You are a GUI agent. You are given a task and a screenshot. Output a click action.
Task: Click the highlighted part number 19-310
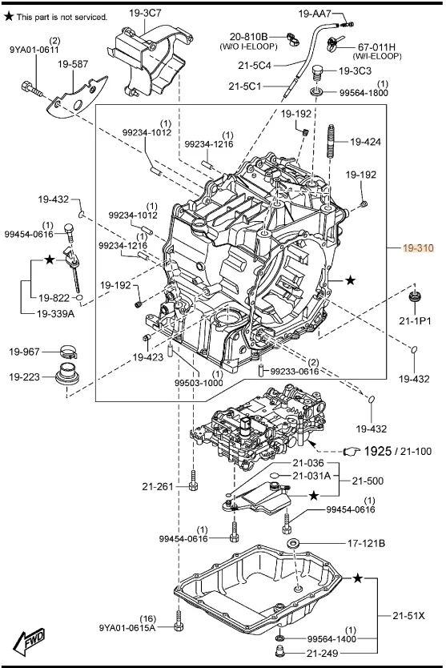pyautogui.click(x=418, y=248)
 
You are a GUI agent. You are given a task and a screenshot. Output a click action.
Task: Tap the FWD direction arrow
pyautogui.click(x=30, y=641)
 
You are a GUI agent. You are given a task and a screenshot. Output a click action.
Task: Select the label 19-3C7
pyautogui.click(x=145, y=13)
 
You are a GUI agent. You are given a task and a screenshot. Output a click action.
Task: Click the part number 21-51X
pyautogui.click(x=408, y=616)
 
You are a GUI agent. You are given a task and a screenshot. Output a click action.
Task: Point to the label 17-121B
pyautogui.click(x=367, y=543)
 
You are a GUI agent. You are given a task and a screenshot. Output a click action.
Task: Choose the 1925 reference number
pyautogui.click(x=377, y=451)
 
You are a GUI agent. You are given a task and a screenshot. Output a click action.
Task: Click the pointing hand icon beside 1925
pyautogui.click(x=352, y=451)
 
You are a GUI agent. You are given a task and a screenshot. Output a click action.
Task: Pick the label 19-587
pyautogui.click(x=73, y=64)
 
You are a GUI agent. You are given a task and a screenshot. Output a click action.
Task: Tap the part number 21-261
pyautogui.click(x=158, y=486)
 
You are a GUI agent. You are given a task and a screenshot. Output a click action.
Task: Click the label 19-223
pyautogui.click(x=24, y=377)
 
